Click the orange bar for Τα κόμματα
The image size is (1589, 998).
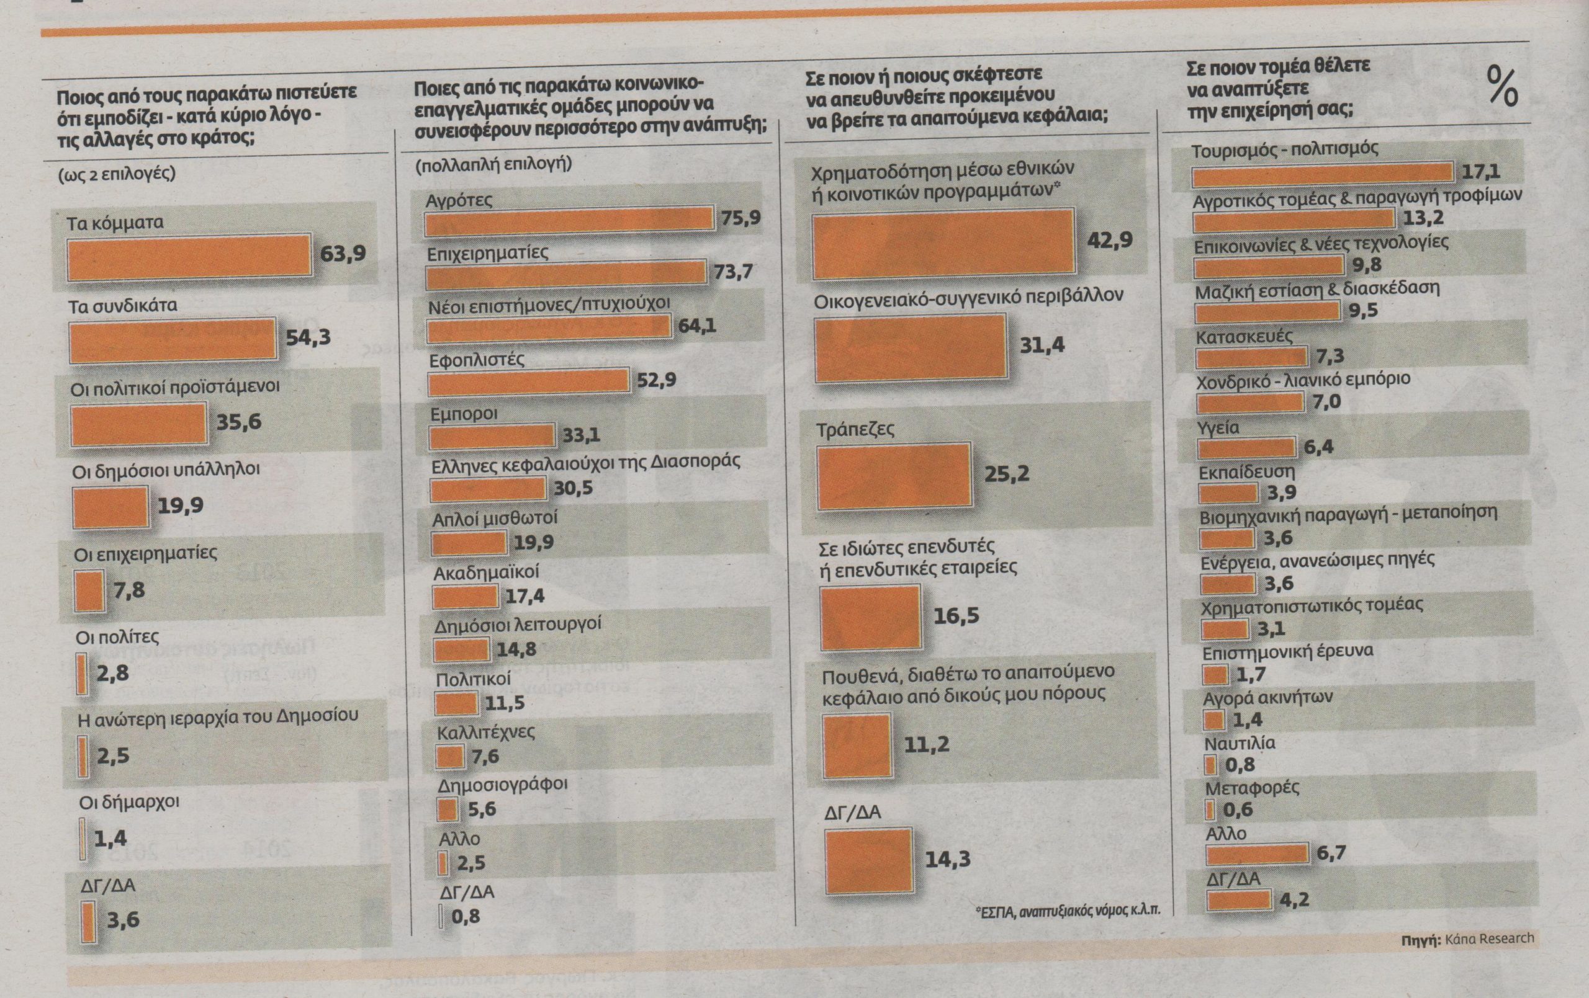(x=189, y=254)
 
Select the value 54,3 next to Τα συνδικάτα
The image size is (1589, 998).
(x=308, y=337)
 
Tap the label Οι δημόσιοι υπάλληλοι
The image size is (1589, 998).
(x=166, y=470)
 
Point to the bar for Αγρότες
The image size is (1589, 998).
(x=568, y=221)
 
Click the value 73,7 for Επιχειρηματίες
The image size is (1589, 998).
(x=733, y=271)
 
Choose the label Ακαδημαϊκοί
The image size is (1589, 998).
(x=487, y=573)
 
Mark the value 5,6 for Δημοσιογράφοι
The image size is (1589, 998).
(x=482, y=809)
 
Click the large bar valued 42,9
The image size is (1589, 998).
(x=943, y=243)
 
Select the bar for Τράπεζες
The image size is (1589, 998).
(x=894, y=477)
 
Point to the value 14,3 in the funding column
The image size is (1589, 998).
(x=948, y=860)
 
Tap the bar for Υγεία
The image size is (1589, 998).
(x=1246, y=448)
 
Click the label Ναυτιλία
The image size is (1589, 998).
(x=1240, y=744)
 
